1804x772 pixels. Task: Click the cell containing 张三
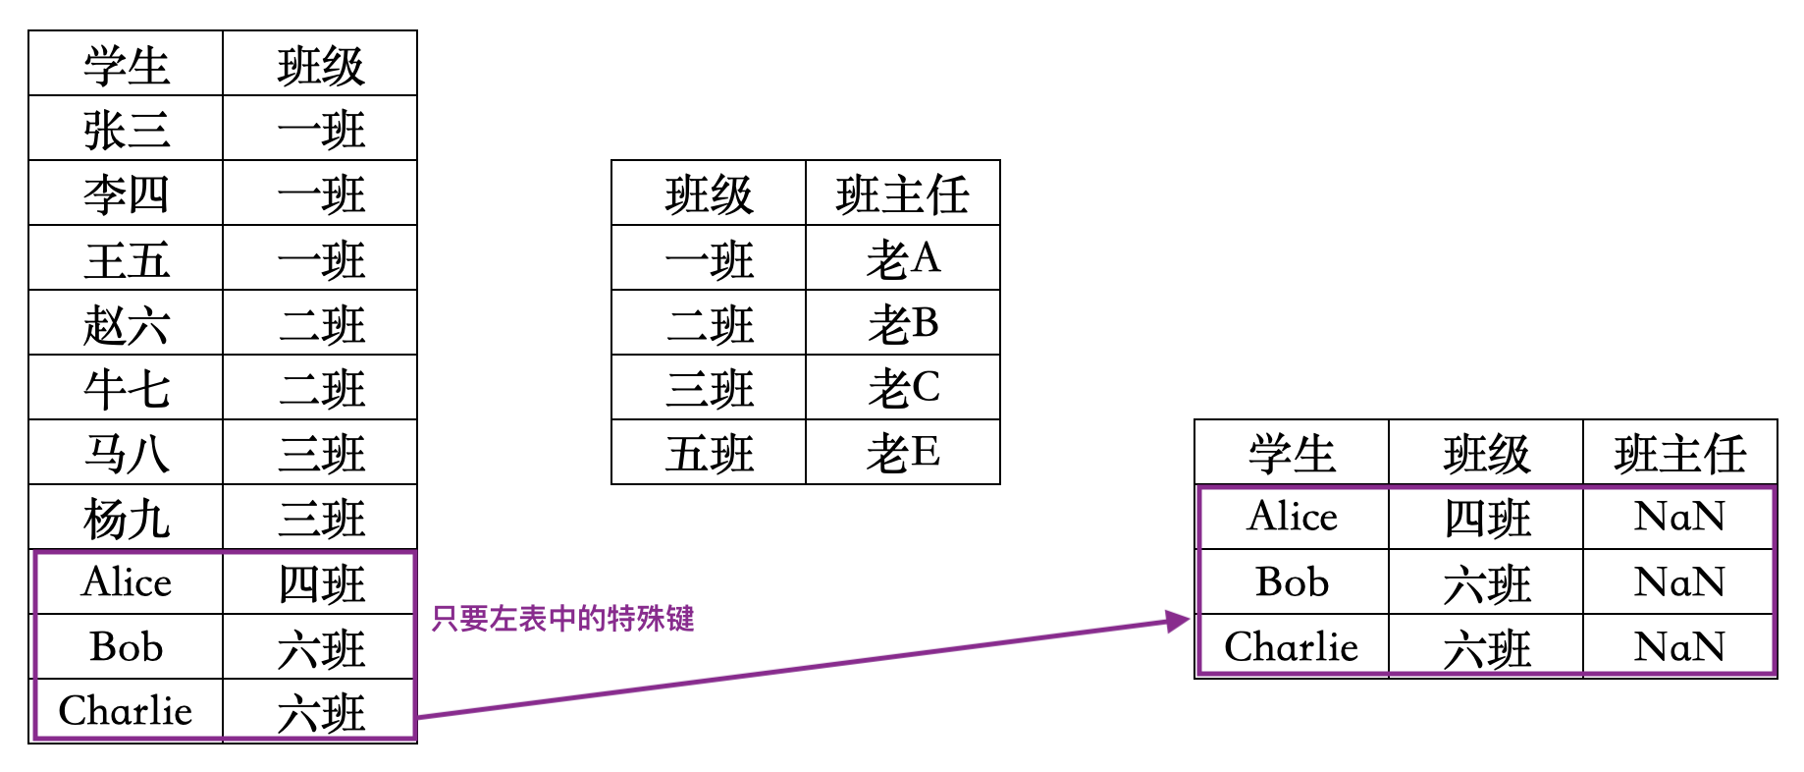click(126, 129)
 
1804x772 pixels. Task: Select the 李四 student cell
click(126, 193)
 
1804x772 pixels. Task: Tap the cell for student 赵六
click(126, 323)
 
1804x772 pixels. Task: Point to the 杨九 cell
click(126, 518)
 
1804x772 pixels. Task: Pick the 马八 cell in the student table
click(126, 453)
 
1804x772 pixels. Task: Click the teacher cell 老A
click(903, 258)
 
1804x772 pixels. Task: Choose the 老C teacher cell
click(903, 388)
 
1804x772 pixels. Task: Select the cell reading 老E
click(903, 453)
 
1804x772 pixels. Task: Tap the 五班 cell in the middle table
click(709, 453)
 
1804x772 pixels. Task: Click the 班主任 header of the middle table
click(903, 193)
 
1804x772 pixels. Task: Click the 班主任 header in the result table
click(1680, 453)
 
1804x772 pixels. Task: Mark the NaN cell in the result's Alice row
click(1679, 518)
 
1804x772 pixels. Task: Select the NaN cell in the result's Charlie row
click(1679, 647)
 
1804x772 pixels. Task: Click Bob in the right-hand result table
click(1292, 582)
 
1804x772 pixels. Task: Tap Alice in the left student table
click(126, 582)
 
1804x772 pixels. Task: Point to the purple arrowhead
click(1177, 621)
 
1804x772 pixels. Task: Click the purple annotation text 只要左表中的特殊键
click(562, 619)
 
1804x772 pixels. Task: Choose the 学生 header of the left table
click(126, 65)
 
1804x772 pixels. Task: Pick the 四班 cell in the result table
click(1486, 518)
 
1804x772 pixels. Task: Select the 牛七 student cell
click(126, 388)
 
